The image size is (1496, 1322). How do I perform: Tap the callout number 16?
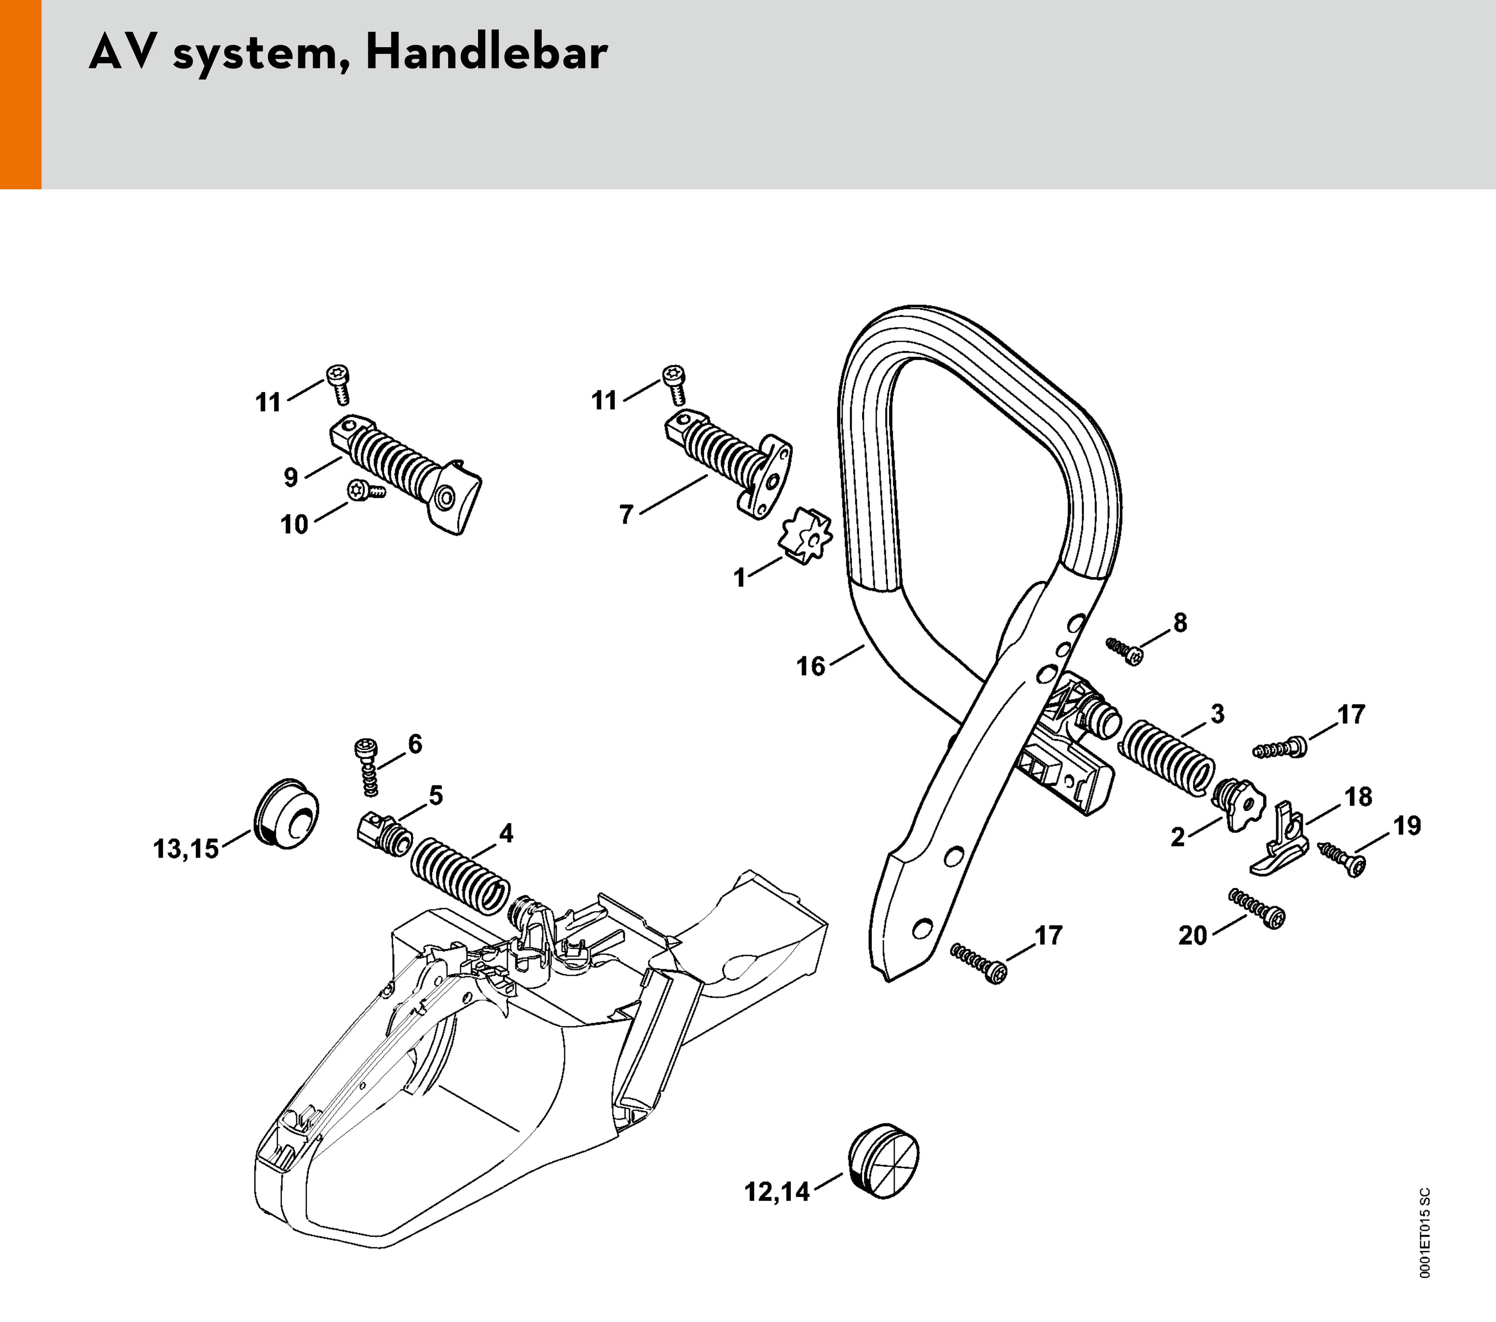[810, 666]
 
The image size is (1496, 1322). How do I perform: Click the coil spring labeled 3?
[1167, 758]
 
